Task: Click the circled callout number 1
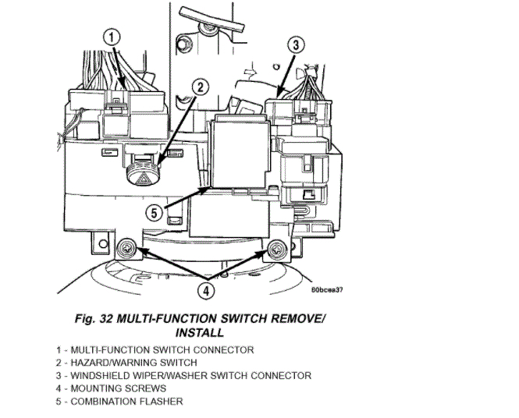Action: pos(113,37)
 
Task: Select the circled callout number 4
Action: pos(204,290)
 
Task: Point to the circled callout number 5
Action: pos(155,212)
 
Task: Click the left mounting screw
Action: pos(125,250)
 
